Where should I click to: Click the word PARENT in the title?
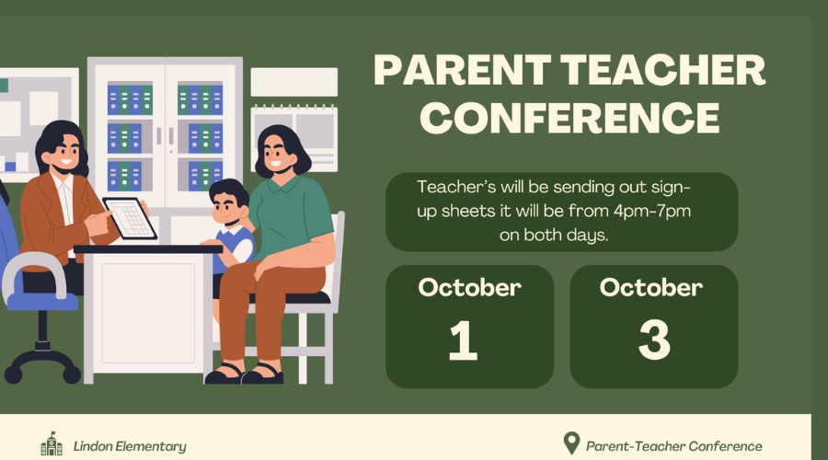pos(462,70)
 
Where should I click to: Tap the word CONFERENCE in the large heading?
pos(569,117)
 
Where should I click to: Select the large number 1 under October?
pos(463,341)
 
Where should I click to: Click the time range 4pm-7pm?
pos(652,212)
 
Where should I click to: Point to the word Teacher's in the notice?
pos(456,187)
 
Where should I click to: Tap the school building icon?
pos(52,444)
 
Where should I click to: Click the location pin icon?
pos(571,443)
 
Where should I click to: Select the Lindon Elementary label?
pos(130,447)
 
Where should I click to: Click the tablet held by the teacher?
pos(130,218)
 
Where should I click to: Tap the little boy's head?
pos(229,202)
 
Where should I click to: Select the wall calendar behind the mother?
pos(294,138)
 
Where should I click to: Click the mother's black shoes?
pos(245,374)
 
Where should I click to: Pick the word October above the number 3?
pos(651,288)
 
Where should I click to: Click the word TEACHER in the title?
pos(662,70)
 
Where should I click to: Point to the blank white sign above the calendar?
pos(294,82)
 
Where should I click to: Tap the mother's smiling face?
pos(277,153)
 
